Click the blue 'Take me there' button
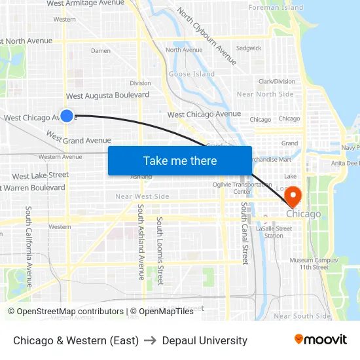[180, 160]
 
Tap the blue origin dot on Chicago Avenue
[67, 116]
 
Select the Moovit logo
[321, 340]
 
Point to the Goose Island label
[192, 74]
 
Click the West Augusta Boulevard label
[107, 96]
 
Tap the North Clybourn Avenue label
[206, 36]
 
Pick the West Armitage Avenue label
[85, 3]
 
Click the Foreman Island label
[276, 8]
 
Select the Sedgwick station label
[249, 48]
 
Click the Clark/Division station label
[276, 81]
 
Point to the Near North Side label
[265, 94]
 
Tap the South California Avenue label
[29, 242]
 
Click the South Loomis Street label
[160, 251]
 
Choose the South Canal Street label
[244, 233]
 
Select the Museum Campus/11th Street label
[314, 263]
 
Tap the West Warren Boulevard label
[34, 188]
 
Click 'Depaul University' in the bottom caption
[205, 340]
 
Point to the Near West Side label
[142, 196]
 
